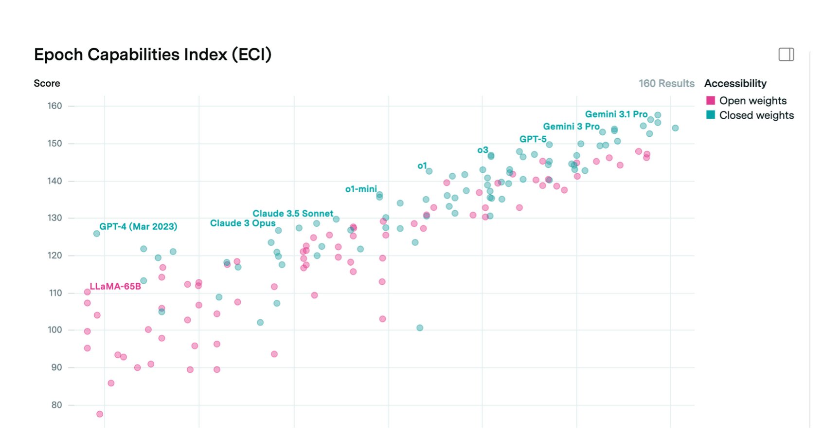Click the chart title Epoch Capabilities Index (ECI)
[152, 55]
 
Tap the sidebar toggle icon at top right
[786, 55]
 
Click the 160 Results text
[666, 83]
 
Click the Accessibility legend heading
[735, 83]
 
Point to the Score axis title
[47, 83]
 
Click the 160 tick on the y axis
[54, 106]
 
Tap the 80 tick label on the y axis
[56, 405]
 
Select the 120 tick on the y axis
[54, 256]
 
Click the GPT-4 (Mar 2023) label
[138, 226]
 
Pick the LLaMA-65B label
[115, 286]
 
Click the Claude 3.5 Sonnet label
[292, 214]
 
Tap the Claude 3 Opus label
[242, 223]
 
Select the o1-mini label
[360, 189]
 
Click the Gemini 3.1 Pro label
[616, 114]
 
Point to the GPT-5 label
[533, 139]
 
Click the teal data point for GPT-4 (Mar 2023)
[96, 234]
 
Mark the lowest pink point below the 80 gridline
[100, 414]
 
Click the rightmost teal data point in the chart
[675, 128]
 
